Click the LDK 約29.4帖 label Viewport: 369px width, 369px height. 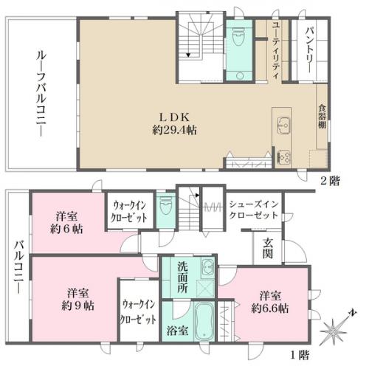175,124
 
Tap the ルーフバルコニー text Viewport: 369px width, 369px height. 41,94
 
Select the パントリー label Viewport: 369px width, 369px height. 309,50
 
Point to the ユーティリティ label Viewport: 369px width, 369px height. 276,50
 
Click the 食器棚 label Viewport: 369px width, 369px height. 323,117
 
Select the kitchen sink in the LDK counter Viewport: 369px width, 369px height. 283,125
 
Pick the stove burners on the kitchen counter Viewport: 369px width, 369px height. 284,158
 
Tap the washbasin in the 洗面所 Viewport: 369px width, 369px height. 207,266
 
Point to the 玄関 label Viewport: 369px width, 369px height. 268,248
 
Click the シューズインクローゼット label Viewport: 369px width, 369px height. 254,210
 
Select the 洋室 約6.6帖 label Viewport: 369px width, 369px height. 270,302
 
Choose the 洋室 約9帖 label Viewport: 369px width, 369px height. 77,300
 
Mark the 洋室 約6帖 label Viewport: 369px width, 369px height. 66,223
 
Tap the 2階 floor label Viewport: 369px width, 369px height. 330,182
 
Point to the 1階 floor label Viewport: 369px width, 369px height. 300,356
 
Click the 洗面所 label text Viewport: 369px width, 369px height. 182,277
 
